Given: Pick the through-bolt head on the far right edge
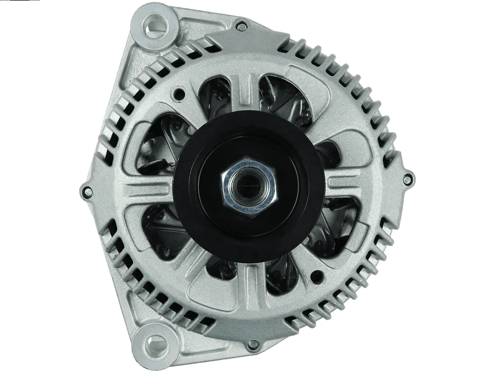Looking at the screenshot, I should [406, 179].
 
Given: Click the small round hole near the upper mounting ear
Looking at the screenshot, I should [180, 95].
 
